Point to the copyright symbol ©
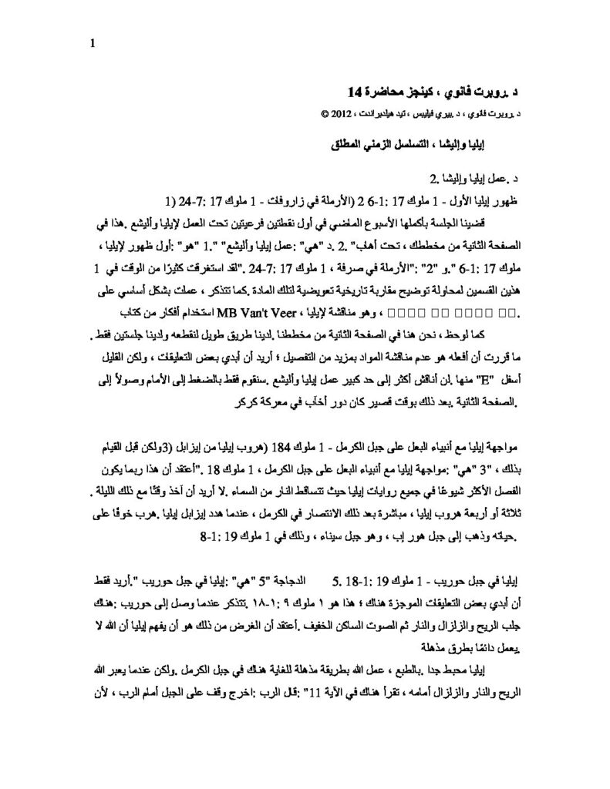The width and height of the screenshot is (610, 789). (x=322, y=112)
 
